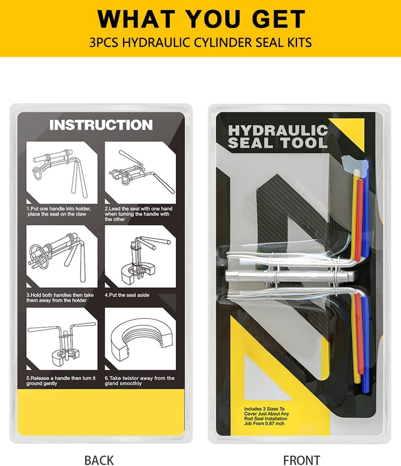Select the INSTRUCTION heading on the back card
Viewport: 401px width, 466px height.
101,125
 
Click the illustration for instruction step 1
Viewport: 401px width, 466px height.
62,173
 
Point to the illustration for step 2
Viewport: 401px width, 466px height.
140,173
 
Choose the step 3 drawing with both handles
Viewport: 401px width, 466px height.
62,256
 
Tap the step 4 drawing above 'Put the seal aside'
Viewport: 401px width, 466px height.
140,256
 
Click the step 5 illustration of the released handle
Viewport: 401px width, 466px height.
62,339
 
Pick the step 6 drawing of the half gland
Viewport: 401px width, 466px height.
140,339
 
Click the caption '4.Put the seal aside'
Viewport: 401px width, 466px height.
127,295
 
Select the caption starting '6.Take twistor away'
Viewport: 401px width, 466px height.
140,381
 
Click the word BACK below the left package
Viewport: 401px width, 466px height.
99,460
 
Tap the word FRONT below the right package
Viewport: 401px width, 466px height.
301,460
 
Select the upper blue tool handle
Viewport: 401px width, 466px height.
366,208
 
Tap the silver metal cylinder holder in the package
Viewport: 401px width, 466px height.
290,276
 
